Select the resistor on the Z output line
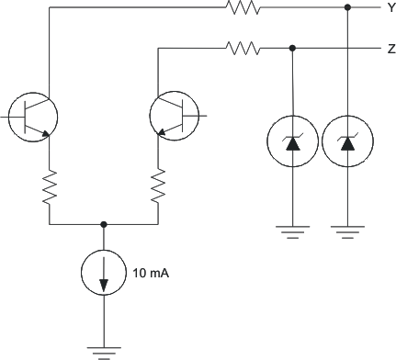pyautogui.click(x=243, y=48)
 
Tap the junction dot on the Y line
pyautogui.click(x=347, y=8)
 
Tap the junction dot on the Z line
pyautogui.click(x=292, y=48)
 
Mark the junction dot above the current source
pyautogui.click(x=104, y=223)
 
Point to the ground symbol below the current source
pyautogui.click(x=104, y=349)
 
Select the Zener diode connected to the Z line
pyautogui.click(x=292, y=142)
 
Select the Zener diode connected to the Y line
pyautogui.click(x=347, y=142)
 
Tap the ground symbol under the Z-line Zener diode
pyautogui.click(x=292, y=232)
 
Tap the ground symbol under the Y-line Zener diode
pyautogui.click(x=347, y=232)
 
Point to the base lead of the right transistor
pyautogui.click(x=202, y=117)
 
